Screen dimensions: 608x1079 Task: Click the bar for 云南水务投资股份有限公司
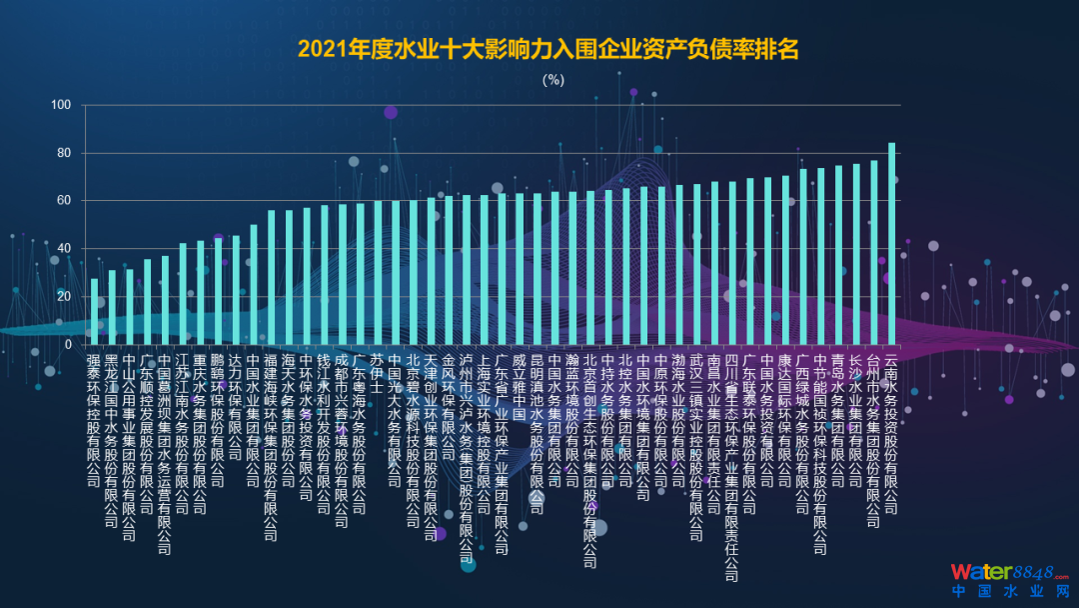[x=891, y=244]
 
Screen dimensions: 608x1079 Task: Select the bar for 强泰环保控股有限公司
[x=95, y=311]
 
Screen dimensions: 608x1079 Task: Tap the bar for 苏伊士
[x=379, y=273]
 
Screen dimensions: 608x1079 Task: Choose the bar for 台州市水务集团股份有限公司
[x=873, y=252]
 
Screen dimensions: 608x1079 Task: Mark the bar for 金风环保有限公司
[x=449, y=270]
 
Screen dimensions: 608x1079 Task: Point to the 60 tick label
[x=63, y=201]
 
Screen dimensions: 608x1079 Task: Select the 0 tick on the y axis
[x=67, y=345]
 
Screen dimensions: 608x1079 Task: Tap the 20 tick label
[x=63, y=297]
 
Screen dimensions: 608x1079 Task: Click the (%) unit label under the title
[x=553, y=80]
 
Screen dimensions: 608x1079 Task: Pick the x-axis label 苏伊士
[x=378, y=372]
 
